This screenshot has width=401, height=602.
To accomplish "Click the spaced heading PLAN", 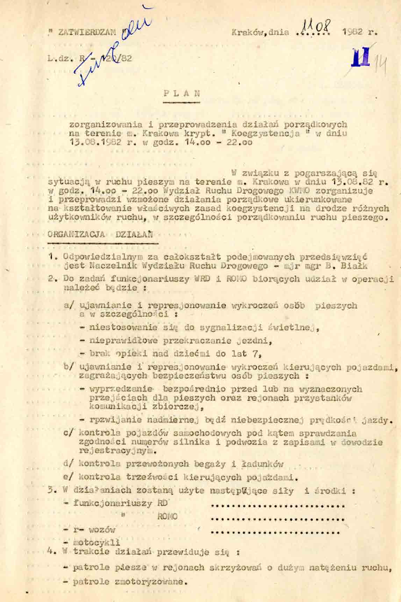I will pyautogui.click(x=181, y=93).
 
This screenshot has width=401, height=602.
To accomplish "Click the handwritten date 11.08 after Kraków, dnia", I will pyautogui.click(x=314, y=26).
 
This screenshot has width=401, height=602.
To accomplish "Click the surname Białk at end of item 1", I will pyautogui.click(x=356, y=265).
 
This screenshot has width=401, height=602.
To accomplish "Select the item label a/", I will pyautogui.click(x=70, y=305).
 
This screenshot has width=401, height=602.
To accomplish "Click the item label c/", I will pyautogui.click(x=69, y=433).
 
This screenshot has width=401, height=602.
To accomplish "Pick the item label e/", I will pyautogui.click(x=69, y=477).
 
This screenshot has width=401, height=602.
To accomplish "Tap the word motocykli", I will pyautogui.click(x=96, y=543).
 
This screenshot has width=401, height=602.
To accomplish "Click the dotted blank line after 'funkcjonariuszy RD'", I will pyautogui.click(x=278, y=505).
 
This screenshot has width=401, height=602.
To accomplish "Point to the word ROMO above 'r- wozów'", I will pyautogui.click(x=168, y=516).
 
